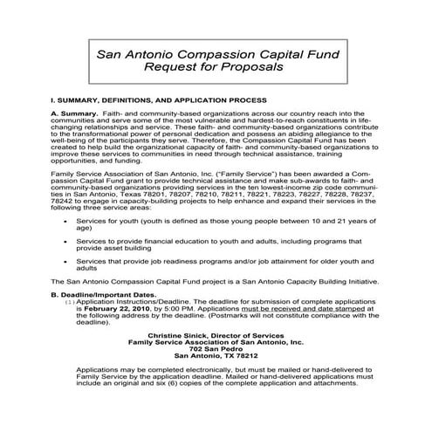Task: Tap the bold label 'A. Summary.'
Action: [75, 114]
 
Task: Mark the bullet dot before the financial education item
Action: [68, 240]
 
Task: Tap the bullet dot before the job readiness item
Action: [68, 261]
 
